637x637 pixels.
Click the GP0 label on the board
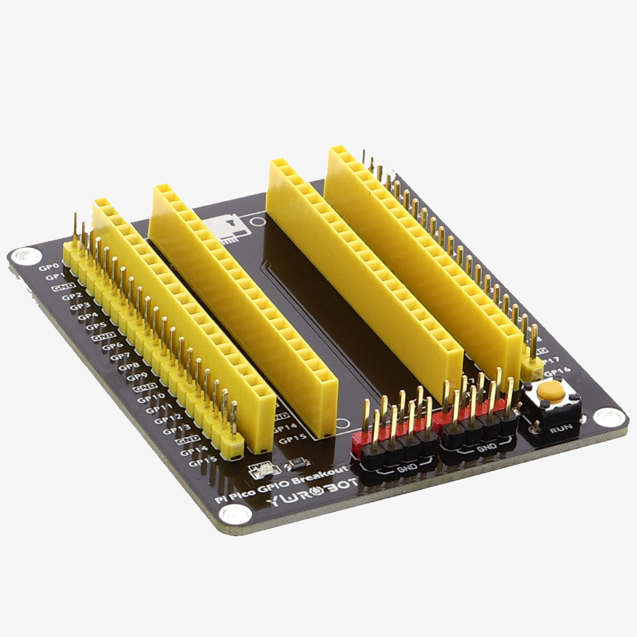pos(46,268)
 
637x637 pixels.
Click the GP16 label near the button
pos(557,372)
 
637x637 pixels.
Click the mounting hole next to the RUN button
pos(607,417)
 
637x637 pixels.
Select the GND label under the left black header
pos(406,467)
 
